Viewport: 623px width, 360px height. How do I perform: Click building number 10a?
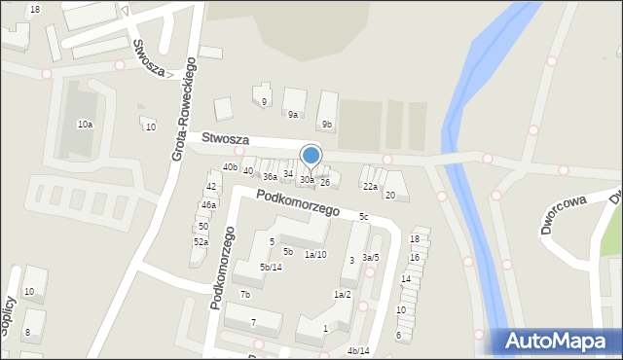coord(85,124)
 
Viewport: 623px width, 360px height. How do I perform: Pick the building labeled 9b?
coord(327,124)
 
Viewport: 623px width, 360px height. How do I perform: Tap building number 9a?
coord(292,114)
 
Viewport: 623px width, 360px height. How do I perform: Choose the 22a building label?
coord(370,186)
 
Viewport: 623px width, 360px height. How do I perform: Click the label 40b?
coord(230,166)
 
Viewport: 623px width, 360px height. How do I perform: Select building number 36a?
coord(270,176)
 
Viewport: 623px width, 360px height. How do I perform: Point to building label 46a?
coord(208,204)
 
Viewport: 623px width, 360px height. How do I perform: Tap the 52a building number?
coord(201,241)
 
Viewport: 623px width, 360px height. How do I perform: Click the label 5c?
coord(363,216)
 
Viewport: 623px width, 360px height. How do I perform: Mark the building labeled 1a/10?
coord(315,254)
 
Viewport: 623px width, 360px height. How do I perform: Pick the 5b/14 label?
coord(271,267)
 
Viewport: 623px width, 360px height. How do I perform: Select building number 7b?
coord(245,294)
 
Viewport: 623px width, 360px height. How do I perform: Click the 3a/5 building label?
coord(370,257)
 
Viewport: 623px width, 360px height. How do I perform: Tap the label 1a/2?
coord(342,294)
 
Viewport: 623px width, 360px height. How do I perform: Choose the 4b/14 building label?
coord(358,350)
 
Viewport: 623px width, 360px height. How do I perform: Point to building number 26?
coord(325,182)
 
